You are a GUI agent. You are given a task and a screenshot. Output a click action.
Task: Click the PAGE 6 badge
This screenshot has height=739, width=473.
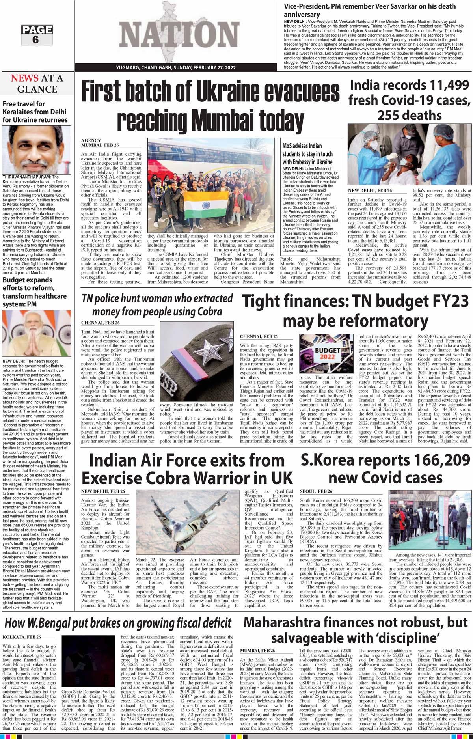[37, 35]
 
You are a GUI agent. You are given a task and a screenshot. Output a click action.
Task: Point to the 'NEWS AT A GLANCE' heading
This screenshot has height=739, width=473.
[37, 84]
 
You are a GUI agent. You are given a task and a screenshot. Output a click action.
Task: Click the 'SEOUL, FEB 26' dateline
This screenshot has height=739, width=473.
[316, 491]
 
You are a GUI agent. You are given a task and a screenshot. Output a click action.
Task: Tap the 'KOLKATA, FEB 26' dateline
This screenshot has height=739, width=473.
[22, 637]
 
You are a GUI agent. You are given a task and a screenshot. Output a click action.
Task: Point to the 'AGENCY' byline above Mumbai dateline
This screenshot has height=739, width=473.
[91, 140]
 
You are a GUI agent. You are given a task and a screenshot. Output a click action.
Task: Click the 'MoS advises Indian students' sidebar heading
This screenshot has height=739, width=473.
[307, 154]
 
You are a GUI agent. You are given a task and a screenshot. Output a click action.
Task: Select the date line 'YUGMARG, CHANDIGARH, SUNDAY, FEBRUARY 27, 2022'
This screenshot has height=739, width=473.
[176, 68]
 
